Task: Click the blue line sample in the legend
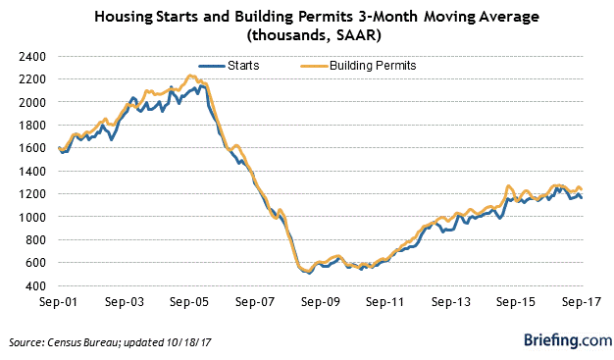point(211,66)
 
